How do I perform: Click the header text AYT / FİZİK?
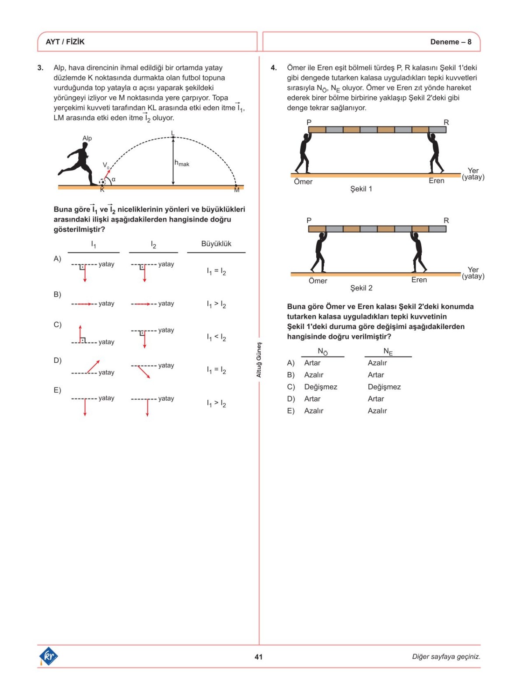(65, 42)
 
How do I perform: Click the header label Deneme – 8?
(451, 42)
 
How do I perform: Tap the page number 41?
(259, 657)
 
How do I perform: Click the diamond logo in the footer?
(49, 656)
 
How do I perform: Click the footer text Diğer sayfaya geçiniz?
(446, 657)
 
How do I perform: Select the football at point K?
(102, 182)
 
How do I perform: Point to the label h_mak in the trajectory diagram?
(182, 163)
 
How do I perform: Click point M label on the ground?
(237, 190)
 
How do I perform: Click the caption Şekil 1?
(361, 189)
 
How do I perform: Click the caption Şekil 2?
(361, 288)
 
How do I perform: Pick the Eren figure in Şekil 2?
(418, 252)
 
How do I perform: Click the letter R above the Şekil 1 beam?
(446, 122)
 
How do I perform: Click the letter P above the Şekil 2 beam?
(309, 220)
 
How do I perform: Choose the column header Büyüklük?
(216, 244)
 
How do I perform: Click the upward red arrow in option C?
(80, 333)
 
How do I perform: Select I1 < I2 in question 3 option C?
(216, 337)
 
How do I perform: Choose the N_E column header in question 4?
(388, 351)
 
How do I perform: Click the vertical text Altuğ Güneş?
(259, 360)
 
